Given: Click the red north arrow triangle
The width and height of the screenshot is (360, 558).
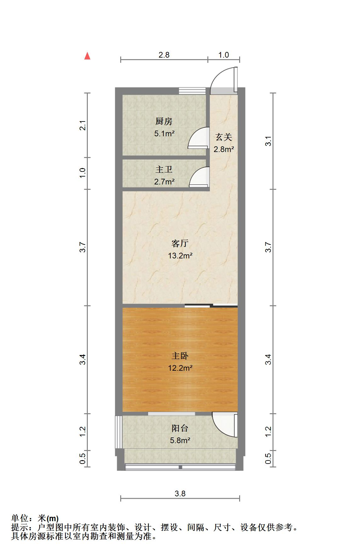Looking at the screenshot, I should click(x=87, y=56).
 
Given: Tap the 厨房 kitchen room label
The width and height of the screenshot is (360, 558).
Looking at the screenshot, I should click(x=164, y=121).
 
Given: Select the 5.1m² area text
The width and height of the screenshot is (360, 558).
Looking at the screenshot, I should click(x=164, y=133).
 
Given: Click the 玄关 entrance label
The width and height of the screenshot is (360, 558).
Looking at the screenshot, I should click(x=224, y=137).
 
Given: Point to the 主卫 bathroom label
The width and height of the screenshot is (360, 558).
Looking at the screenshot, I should click(x=164, y=170).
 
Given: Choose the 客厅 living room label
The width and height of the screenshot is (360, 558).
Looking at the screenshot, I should click(x=180, y=243).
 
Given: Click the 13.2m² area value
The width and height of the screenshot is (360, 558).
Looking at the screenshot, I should click(x=180, y=256).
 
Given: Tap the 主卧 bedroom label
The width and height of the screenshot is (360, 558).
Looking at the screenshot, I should click(x=180, y=356).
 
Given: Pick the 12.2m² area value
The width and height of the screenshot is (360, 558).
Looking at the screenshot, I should click(x=180, y=368).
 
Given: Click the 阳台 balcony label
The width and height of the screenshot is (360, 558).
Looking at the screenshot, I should click(x=180, y=428).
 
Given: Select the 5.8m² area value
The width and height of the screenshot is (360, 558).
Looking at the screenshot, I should click(x=180, y=440).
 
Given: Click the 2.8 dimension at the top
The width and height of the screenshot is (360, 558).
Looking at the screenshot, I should click(x=164, y=55).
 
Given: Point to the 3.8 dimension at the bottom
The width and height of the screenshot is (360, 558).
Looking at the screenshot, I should click(x=180, y=494).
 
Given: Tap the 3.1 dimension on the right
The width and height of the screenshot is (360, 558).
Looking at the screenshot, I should click(x=268, y=141).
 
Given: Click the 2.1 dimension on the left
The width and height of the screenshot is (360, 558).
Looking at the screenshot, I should click(x=83, y=125).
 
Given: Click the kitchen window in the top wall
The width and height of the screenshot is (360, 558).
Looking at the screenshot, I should click(x=192, y=91).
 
